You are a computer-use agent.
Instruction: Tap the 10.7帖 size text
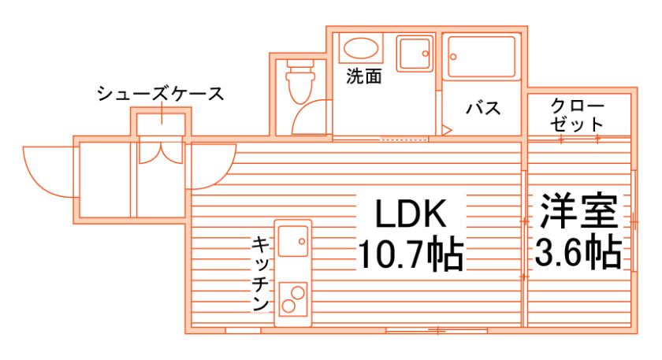click(410, 254)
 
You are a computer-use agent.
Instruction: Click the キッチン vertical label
click(261, 273)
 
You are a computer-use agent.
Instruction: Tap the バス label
click(482, 108)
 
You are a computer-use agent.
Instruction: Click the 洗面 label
click(364, 76)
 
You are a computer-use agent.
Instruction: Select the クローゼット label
click(578, 114)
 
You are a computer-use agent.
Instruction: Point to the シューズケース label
click(161, 94)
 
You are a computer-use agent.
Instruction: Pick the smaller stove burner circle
click(298, 292)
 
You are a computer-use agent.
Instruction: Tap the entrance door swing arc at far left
click(49, 170)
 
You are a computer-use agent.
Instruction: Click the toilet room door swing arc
click(310, 121)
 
